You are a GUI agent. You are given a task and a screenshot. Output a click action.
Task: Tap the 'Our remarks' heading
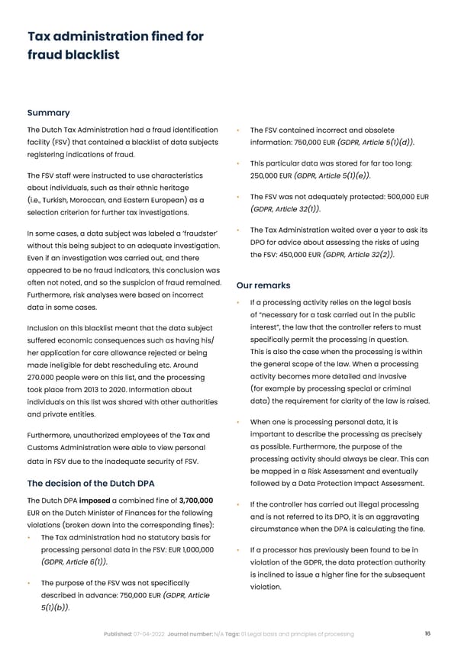click(x=263, y=285)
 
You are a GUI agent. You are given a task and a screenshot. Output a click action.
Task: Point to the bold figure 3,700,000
click(x=195, y=501)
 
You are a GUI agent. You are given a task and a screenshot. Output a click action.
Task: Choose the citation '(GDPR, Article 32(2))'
click(x=358, y=255)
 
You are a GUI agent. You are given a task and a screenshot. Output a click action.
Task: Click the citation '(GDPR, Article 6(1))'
click(x=73, y=563)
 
